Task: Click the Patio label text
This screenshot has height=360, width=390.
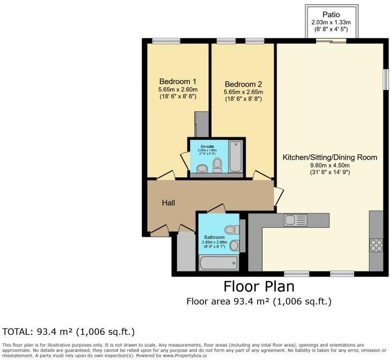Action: pos(331,14)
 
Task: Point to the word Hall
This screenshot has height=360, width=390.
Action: pos(169,202)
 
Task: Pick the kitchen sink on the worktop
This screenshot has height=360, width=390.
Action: pos(295,220)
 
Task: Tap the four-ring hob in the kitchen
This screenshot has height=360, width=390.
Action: pos(376,244)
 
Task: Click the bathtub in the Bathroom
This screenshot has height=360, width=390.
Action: pos(218,262)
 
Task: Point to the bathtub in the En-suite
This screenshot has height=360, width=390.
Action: pos(236,156)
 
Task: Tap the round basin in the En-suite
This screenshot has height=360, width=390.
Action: pos(202,169)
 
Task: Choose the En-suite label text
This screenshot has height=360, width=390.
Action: pos(207,146)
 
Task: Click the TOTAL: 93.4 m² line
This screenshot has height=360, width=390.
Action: pos(69,332)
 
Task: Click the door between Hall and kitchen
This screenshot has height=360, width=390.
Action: pos(277,197)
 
